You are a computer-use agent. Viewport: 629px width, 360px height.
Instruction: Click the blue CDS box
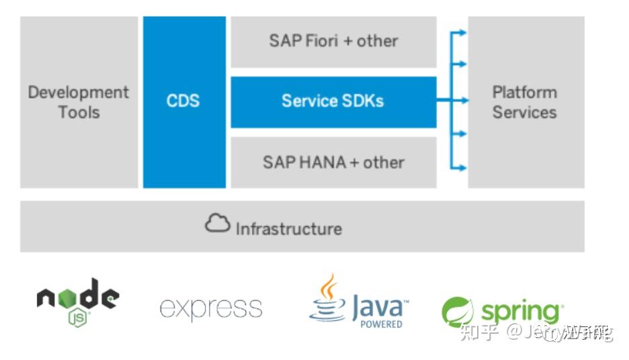[x=184, y=102]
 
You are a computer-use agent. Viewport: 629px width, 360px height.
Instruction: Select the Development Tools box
[x=79, y=102]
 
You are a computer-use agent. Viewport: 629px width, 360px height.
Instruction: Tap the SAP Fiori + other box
[x=333, y=42]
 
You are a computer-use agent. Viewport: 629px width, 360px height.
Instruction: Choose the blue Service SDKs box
[x=333, y=101]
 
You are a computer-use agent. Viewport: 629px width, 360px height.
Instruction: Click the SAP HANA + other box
[x=333, y=163]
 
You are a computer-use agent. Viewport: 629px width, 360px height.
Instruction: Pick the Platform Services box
[x=526, y=102]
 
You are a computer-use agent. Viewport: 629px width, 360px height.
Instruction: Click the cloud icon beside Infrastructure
[x=218, y=225]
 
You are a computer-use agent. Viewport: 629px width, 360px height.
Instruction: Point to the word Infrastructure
[x=288, y=229]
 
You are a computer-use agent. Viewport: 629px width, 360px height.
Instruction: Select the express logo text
[x=210, y=308]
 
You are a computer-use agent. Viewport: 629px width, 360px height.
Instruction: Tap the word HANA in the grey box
[x=309, y=163]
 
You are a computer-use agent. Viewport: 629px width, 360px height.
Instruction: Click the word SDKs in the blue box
[x=362, y=101]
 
